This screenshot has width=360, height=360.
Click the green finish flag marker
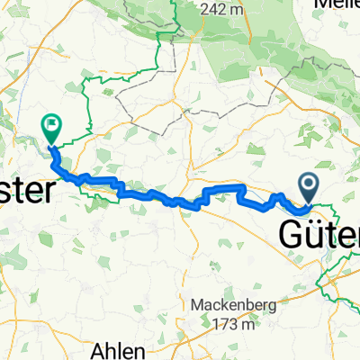[50, 128]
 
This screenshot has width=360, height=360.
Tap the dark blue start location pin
[309, 187]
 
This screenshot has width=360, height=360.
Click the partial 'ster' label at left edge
[27, 192]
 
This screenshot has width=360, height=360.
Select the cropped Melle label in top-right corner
[337, 4]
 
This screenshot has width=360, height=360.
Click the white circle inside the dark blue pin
[309, 184]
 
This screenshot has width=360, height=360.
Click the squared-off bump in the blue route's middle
[225, 189]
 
